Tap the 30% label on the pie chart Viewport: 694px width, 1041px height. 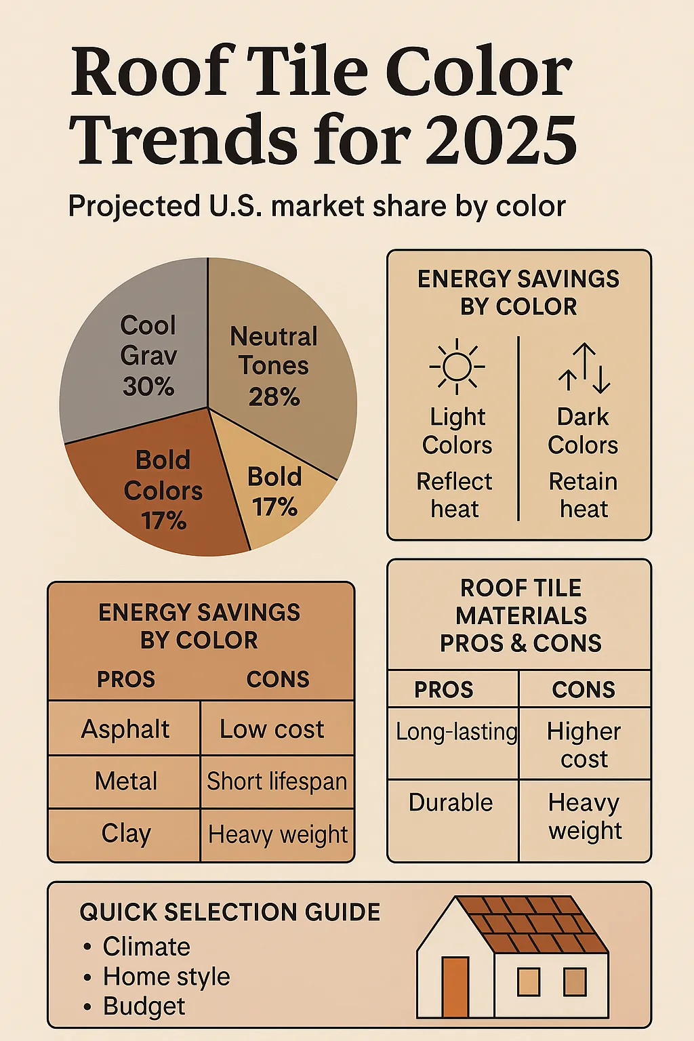point(148,387)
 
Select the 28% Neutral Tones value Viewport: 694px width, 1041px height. point(274,397)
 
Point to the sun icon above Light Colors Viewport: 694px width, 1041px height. point(457,367)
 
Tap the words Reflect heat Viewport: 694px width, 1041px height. point(454,495)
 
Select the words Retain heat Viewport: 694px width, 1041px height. point(583,495)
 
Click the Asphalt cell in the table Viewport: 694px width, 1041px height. point(125,729)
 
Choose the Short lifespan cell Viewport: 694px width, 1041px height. point(277,781)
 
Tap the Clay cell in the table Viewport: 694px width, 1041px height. point(125,834)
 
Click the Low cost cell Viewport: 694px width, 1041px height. point(272,729)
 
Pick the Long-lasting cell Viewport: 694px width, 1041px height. point(456,732)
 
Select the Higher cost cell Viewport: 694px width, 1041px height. point(584,744)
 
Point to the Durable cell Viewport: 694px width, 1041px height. point(451,802)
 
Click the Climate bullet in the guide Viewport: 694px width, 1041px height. point(146,947)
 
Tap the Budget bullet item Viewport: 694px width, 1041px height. point(144,1006)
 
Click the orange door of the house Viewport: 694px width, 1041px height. point(455,987)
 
